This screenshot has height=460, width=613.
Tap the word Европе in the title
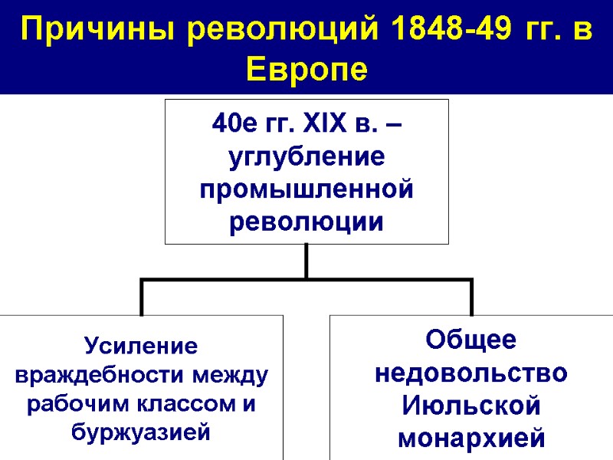point(306,71)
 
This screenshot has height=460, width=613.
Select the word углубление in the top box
point(306,156)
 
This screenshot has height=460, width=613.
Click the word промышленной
point(306,189)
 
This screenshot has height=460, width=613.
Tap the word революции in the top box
point(306,222)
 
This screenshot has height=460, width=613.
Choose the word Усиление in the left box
point(142,347)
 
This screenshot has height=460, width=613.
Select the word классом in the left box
point(179,405)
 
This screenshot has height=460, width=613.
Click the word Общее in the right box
point(470,339)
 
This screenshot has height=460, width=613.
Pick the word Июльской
point(470,406)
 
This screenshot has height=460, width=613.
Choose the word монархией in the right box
point(470,439)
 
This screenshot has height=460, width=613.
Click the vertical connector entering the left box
point(142,298)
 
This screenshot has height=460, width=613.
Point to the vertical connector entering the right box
point(471,298)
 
